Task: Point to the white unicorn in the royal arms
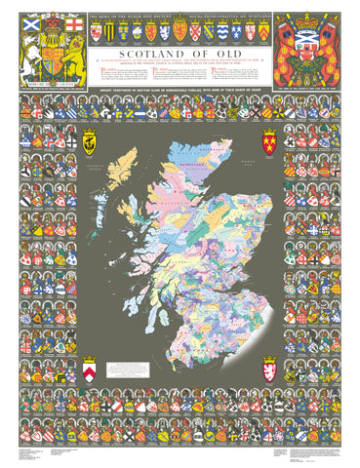click(29, 49)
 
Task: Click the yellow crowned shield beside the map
click(89, 143)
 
